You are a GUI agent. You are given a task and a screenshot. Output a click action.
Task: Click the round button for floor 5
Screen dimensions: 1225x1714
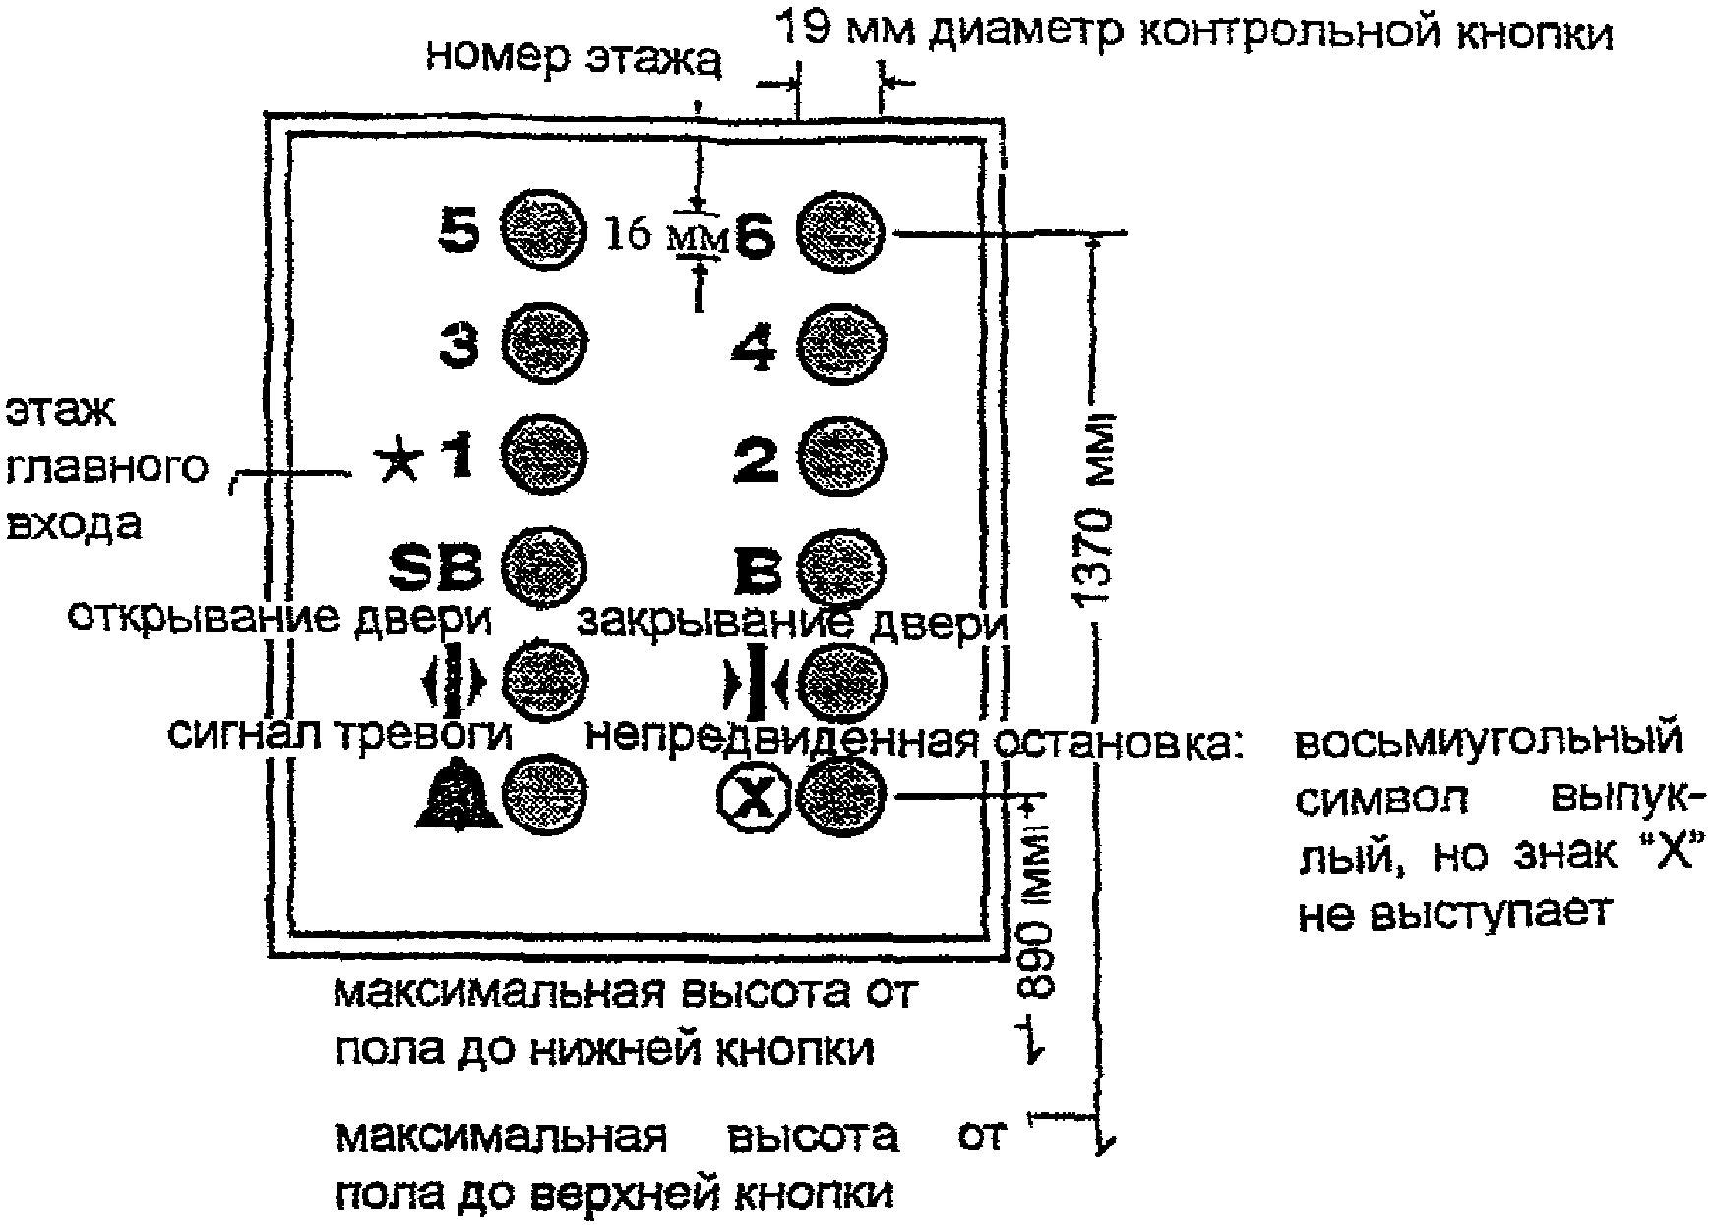click(544, 232)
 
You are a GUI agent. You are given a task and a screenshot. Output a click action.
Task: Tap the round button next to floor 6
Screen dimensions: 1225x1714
click(839, 232)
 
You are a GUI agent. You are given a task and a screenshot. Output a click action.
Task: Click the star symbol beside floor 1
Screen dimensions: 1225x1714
click(399, 461)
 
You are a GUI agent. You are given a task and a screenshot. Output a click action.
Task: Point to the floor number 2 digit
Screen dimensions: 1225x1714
click(757, 459)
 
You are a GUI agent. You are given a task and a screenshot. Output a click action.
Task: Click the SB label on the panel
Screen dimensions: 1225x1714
click(435, 569)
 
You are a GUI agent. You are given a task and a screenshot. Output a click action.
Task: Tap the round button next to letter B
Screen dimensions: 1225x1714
click(839, 569)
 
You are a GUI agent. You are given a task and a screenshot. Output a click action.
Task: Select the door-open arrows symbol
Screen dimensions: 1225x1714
click(454, 679)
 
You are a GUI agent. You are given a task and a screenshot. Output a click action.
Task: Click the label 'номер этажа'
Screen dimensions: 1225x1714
click(575, 58)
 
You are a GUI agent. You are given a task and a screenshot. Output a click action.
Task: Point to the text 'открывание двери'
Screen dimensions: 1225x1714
click(278, 617)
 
